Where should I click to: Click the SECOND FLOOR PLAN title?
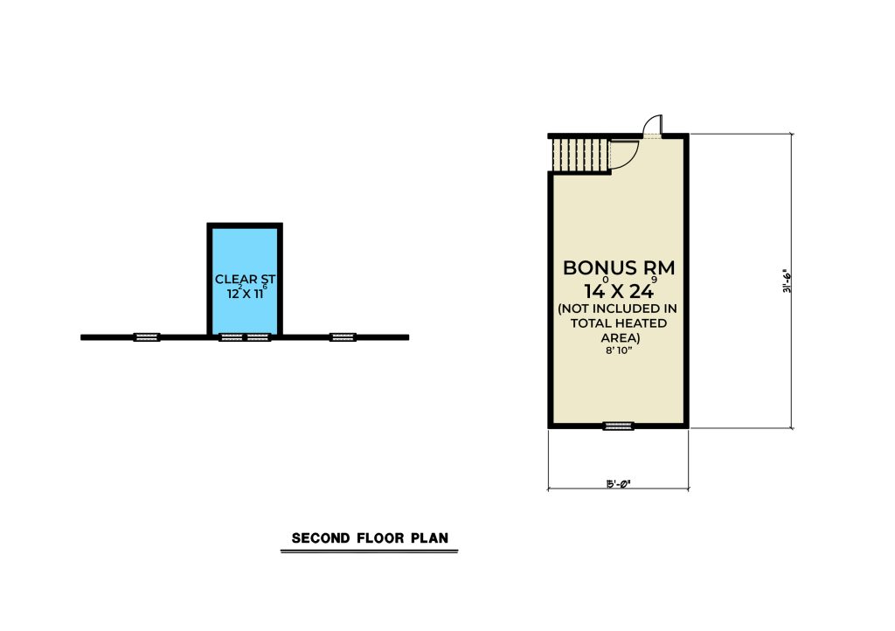point(370,538)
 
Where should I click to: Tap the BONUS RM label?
point(619,267)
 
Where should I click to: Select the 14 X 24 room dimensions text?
point(620,290)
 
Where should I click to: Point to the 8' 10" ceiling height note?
point(619,350)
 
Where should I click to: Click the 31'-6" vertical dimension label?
point(787,281)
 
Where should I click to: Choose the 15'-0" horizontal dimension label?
point(618,484)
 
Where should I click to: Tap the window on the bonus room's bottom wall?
point(619,426)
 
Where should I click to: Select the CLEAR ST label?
point(245,280)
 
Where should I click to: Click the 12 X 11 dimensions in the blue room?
point(246,294)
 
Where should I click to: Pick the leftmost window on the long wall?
point(147,337)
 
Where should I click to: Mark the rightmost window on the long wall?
point(343,337)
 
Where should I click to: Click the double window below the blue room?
point(245,337)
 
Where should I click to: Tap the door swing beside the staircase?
point(624,154)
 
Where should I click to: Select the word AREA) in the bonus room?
point(620,337)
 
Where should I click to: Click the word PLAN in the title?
point(429,538)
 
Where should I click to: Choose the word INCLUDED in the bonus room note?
point(627,309)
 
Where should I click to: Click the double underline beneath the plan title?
point(370,551)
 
